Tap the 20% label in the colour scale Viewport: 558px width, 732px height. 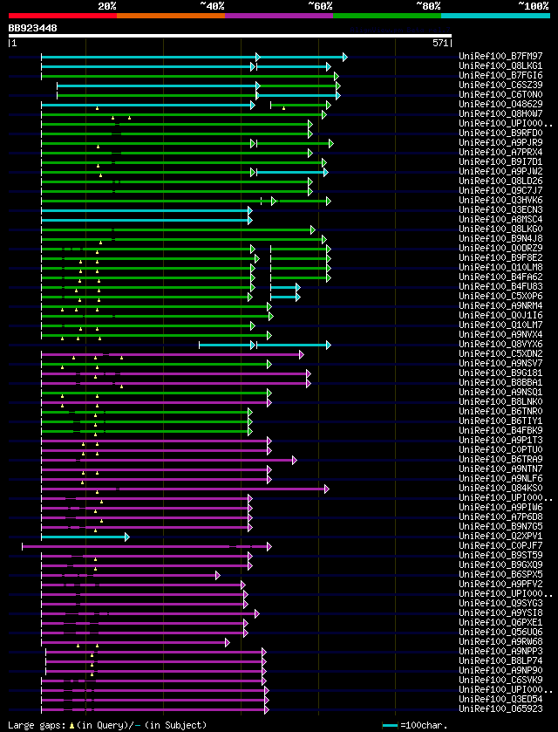point(107,6)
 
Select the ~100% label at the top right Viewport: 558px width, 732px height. point(533,6)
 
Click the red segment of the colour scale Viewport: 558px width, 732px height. point(62,15)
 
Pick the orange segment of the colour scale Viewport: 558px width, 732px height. point(170,15)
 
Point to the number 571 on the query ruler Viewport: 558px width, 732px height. point(440,42)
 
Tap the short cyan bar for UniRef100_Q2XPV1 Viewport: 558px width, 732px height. point(84,537)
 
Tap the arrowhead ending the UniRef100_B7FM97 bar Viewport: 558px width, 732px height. point(344,57)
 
